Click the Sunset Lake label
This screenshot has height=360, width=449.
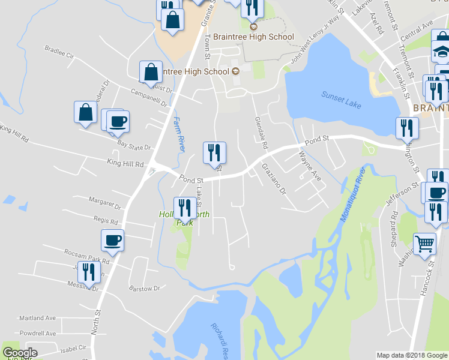click(341, 99)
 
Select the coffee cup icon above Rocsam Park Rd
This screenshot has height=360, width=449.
click(113, 241)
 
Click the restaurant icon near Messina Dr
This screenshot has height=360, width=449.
click(89, 272)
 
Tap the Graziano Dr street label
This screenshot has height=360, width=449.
click(273, 179)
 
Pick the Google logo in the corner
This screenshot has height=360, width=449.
click(19, 353)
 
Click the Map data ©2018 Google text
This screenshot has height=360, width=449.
click(412, 355)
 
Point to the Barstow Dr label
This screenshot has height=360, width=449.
click(145, 288)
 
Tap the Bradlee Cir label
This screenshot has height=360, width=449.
click(60, 52)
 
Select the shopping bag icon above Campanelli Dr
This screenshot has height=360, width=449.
click(151, 71)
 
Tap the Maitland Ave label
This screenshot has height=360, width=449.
click(37, 317)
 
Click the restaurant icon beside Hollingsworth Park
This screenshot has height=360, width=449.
click(185, 208)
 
